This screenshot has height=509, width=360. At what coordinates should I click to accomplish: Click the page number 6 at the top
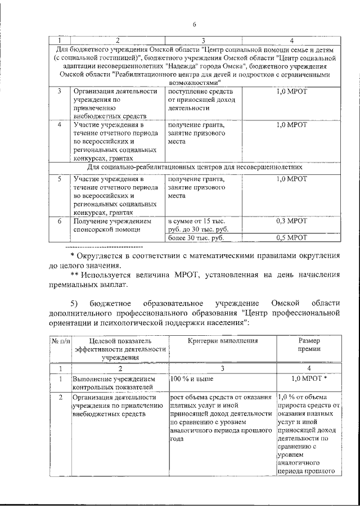[193, 24]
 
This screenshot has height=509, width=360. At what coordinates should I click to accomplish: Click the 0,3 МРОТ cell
[291, 221]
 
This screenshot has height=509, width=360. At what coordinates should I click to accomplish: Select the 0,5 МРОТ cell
[291, 238]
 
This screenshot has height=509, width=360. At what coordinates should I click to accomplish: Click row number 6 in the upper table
[59, 221]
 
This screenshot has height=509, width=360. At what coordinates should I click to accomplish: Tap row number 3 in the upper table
[59, 91]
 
